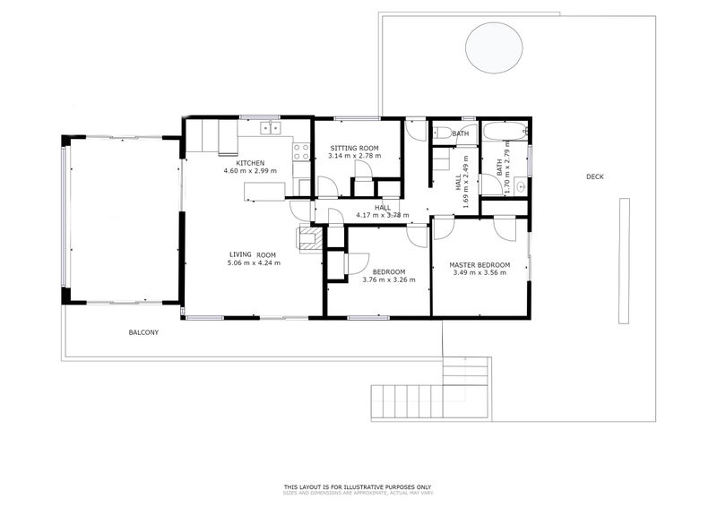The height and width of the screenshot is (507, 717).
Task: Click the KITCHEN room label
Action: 250,162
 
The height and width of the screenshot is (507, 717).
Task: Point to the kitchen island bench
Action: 264,191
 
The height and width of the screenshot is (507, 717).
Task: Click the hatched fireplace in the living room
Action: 309,237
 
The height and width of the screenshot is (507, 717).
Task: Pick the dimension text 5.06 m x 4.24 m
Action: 254,262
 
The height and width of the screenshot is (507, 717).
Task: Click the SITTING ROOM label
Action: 354,148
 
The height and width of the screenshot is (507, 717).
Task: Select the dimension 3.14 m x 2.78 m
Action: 355,156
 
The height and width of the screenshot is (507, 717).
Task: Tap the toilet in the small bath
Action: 441,133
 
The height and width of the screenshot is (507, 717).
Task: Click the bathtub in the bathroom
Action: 496,134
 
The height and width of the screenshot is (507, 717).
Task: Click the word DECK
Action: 594,176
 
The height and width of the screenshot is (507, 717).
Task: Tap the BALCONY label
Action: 143,332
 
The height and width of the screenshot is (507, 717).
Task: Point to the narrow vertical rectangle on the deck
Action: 624,261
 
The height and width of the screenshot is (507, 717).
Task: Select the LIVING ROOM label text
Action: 254,254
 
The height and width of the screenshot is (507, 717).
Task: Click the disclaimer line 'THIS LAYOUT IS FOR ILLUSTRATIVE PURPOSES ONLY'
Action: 358,487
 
